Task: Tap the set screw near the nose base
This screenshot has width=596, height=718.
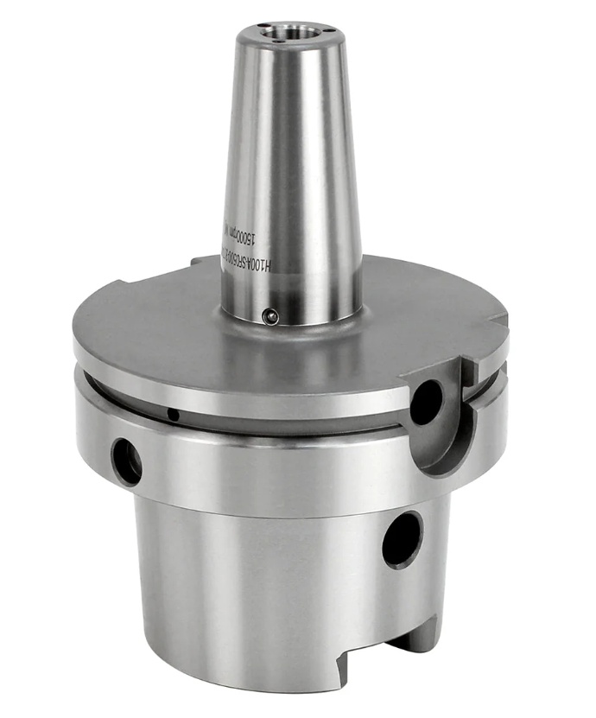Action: coord(269,316)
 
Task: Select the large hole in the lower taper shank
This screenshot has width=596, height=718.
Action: coord(403,539)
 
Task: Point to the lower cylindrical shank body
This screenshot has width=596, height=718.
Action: coord(259,588)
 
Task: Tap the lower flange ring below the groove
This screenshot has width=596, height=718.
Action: coord(259,467)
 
